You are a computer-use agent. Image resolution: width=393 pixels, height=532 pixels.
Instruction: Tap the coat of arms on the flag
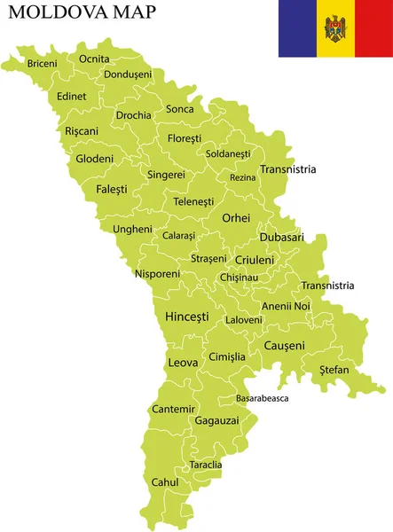tap(335, 29)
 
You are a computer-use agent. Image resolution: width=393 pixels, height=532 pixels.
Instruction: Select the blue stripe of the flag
tap(297, 29)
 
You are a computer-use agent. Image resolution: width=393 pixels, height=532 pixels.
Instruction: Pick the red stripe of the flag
tap(373, 29)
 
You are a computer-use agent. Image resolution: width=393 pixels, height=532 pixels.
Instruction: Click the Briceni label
tap(42, 64)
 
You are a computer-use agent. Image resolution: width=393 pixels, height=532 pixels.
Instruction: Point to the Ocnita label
tap(94, 59)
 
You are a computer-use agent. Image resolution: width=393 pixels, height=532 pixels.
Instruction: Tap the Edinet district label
tap(71, 96)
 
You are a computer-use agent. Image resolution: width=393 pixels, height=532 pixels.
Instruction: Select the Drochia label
tap(133, 115)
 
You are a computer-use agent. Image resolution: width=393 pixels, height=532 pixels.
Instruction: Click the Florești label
tap(184, 138)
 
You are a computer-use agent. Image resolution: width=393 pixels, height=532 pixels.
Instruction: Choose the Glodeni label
tap(95, 159)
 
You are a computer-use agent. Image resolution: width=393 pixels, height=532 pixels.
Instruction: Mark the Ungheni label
tap(132, 229)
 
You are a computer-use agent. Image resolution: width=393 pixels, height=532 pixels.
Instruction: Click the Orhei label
tap(236, 217)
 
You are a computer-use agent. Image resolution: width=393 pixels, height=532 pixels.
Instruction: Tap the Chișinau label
tap(239, 278)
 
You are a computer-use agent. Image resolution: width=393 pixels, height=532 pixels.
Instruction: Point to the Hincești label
tap(187, 316)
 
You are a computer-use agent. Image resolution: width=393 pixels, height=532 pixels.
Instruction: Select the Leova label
tap(183, 363)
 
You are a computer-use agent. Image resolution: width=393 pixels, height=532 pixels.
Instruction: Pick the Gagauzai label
tap(216, 420)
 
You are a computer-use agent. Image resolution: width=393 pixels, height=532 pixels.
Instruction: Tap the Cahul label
tap(165, 482)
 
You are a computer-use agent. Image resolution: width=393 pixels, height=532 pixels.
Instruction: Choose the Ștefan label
tap(334, 369)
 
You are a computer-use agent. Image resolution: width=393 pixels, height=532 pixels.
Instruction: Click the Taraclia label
tap(206, 465)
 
